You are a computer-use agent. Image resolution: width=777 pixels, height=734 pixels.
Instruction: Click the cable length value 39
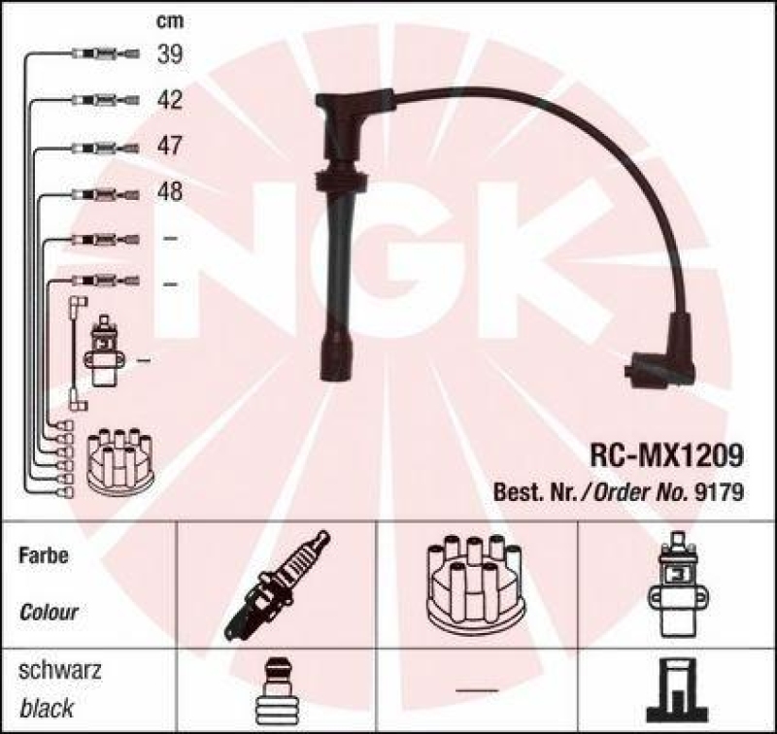point(169,55)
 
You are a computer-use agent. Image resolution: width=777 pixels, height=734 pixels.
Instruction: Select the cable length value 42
point(169,100)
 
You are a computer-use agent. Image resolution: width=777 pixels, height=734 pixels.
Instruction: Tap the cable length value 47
point(169,147)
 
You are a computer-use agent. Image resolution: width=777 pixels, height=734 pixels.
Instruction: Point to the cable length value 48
point(169,192)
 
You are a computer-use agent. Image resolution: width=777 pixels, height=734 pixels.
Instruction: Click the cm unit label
point(169,20)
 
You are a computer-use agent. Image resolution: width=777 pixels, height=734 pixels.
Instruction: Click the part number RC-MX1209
point(667,453)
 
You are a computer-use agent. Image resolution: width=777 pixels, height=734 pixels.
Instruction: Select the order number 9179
point(721,490)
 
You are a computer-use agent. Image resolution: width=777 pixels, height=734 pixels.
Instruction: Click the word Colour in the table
point(49,613)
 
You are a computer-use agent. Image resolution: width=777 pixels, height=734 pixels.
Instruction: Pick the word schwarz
point(60,672)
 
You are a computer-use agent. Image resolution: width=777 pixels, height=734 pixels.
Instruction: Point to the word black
point(46,708)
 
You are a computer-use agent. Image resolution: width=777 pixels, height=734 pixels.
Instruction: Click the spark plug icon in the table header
point(278,585)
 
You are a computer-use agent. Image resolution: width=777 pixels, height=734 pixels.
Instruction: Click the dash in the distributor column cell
point(476,690)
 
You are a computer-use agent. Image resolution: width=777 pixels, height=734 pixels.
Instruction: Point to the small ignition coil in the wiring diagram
point(104,352)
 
